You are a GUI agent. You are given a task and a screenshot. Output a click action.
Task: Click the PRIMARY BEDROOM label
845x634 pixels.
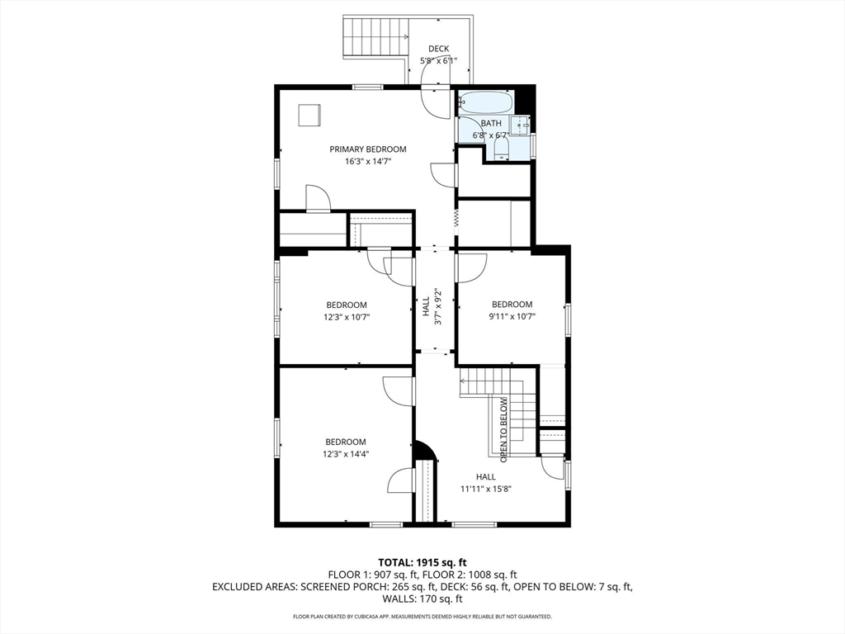click(367, 149)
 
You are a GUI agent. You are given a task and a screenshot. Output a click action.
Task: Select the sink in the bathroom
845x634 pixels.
click(521, 125)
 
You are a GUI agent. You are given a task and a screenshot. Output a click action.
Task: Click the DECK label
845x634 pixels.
click(439, 49)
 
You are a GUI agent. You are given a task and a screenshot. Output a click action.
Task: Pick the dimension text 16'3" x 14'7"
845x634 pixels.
click(367, 161)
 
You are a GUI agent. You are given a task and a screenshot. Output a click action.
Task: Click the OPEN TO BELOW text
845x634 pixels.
click(503, 429)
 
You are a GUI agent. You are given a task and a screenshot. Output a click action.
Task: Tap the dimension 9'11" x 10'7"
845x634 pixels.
click(512, 316)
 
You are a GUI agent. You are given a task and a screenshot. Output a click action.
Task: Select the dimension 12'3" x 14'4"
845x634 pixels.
click(346, 454)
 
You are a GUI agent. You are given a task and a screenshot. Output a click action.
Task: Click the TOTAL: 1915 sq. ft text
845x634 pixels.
click(422, 563)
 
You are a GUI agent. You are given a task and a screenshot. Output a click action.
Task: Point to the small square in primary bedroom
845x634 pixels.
click(309, 115)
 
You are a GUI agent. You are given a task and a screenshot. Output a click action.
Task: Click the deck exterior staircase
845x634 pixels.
click(376, 35)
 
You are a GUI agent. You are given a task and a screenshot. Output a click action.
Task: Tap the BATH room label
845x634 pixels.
click(491, 124)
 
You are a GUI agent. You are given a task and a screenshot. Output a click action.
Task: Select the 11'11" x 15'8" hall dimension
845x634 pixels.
click(485, 489)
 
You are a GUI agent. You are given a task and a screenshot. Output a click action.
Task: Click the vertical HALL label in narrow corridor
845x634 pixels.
click(426, 306)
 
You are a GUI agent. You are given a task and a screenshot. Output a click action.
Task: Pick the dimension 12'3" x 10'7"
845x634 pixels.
click(347, 317)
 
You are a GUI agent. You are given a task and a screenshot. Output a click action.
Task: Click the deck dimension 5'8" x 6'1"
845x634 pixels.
click(439, 60)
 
